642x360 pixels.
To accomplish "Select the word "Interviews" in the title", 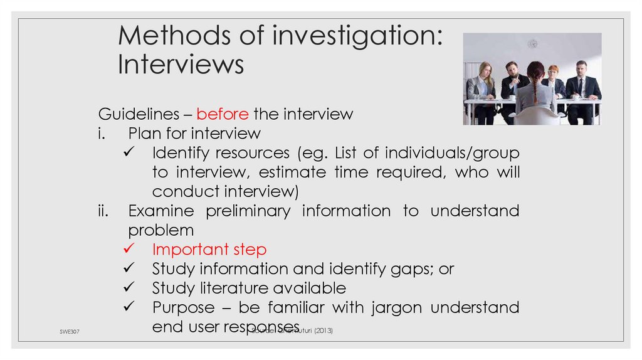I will pos(181,65).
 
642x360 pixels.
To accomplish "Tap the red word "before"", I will pos(223,114).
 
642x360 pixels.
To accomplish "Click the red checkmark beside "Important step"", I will pos(128,250).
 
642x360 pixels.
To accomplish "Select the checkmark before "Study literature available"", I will pos(128,289).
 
